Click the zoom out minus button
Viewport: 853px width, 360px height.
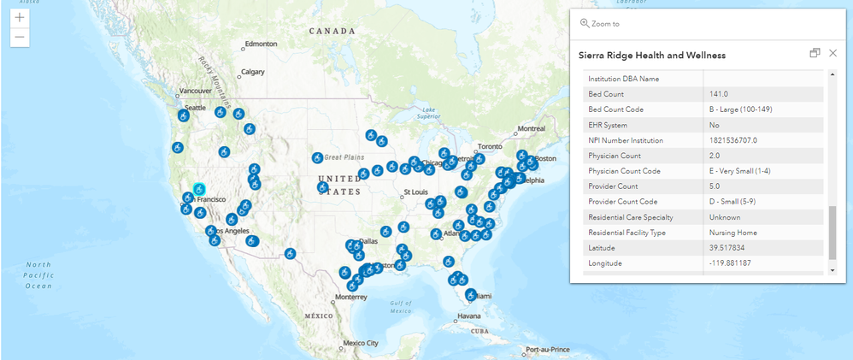coord(19,38)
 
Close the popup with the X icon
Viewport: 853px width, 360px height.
coord(832,53)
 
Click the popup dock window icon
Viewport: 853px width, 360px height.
coord(815,53)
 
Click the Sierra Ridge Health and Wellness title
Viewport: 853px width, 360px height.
coord(652,55)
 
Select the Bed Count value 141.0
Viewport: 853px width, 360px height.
coord(721,94)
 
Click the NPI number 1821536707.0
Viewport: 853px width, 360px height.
coord(733,140)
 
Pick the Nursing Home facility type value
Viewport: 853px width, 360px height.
coord(733,233)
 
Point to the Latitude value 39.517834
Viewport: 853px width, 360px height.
coord(727,248)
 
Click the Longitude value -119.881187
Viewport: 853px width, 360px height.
coord(730,263)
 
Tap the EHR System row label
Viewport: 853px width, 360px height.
coord(612,125)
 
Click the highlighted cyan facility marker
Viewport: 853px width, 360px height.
coord(199,189)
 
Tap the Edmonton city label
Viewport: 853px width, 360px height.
coord(262,44)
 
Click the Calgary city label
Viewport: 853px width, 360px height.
coord(253,72)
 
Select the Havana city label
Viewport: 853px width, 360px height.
coord(468,316)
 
